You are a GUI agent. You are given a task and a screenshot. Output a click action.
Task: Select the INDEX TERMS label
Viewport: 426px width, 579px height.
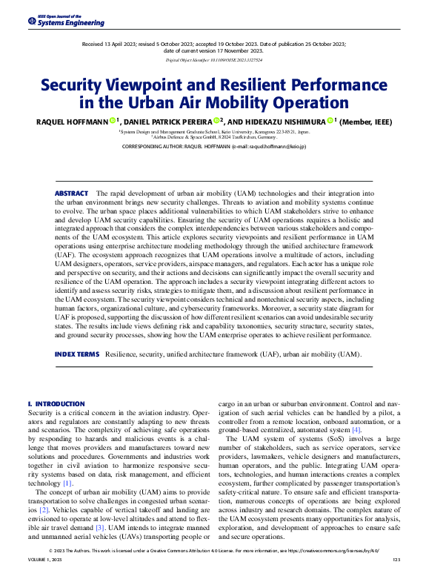(76, 354)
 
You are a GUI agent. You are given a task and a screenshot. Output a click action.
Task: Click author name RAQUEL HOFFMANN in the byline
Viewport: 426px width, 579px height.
(70, 121)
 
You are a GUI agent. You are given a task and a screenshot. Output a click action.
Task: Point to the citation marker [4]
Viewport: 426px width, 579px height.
(356, 429)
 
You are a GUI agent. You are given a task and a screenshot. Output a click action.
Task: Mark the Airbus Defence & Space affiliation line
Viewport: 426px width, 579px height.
(213, 137)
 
